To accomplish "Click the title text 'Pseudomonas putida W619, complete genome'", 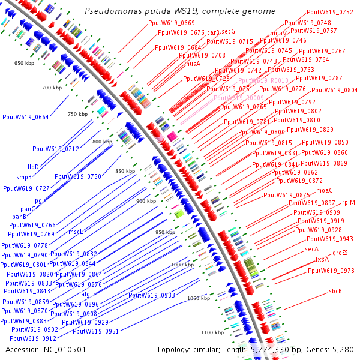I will [x=179, y=11].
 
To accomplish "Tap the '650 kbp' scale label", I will [x=25, y=63].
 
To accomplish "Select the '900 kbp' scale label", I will [x=146, y=201].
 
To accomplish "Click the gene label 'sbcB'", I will [x=335, y=292].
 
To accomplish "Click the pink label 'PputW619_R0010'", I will [x=263, y=80].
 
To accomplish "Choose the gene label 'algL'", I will [x=88, y=294].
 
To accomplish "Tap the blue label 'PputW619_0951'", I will [x=95, y=331].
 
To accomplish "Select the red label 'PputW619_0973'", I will [x=331, y=271].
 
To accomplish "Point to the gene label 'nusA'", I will [x=193, y=64].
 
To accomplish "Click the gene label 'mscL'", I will [x=76, y=232].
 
